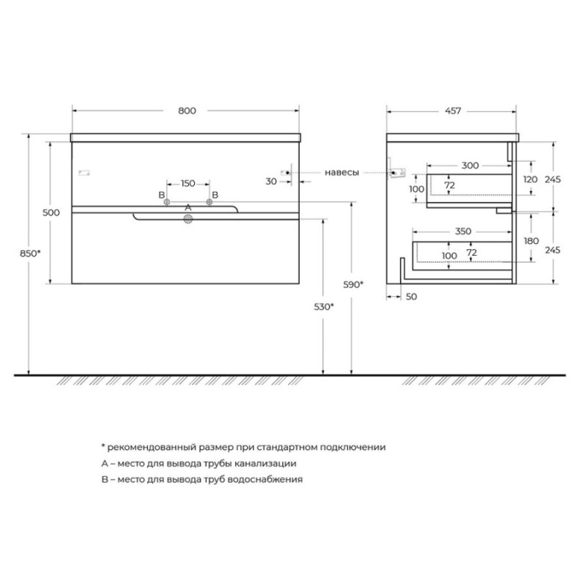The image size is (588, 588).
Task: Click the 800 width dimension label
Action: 187,111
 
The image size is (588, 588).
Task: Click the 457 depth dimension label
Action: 453,111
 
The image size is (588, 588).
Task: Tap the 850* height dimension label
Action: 30,254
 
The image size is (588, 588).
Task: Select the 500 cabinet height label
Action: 51,212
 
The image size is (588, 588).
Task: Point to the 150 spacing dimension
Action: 188,183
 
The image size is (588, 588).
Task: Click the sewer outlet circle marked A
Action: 187,219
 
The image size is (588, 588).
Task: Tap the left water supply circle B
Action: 167,202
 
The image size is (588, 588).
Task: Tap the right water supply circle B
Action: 209,202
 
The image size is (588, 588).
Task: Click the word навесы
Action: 342,173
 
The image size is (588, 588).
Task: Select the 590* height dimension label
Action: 354,284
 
